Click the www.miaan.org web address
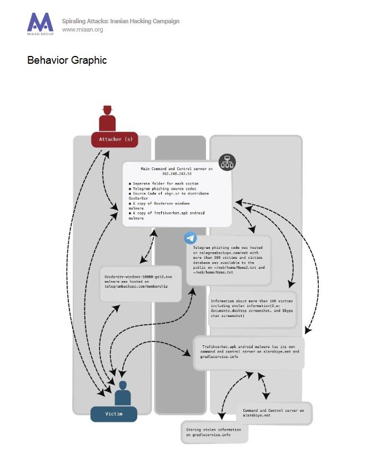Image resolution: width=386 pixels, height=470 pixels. click(x=83, y=30)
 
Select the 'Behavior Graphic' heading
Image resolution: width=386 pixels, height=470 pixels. click(x=67, y=60)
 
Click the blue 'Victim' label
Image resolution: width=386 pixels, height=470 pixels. click(x=113, y=413)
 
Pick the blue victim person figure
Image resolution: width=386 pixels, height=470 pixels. click(x=122, y=392)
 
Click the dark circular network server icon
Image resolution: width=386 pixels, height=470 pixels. click(x=227, y=162)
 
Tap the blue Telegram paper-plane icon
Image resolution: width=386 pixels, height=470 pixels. click(x=191, y=238)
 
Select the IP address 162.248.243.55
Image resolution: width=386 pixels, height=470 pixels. click(x=177, y=174)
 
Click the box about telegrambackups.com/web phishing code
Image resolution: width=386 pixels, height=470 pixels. click(x=228, y=260)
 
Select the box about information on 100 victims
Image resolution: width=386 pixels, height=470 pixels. click(x=253, y=309)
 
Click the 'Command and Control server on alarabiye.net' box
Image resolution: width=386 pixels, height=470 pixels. click(x=274, y=413)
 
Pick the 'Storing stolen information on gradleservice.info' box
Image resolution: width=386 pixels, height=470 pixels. click(x=214, y=432)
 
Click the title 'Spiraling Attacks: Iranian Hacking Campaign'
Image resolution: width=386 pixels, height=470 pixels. click(x=121, y=21)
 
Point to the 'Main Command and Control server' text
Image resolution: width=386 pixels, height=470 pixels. click(x=177, y=168)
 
